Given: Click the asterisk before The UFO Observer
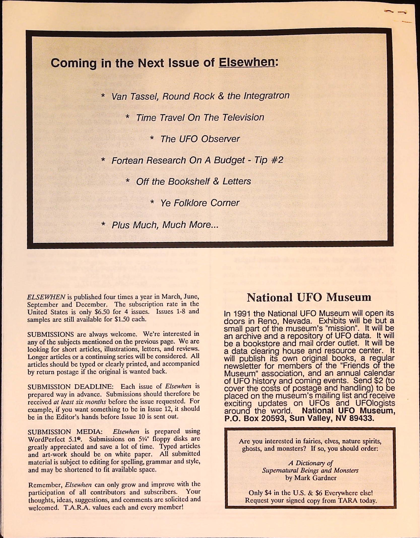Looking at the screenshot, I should tap(152, 139).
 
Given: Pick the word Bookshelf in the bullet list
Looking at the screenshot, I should tap(189, 181).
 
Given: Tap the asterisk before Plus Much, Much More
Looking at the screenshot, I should tap(103, 224).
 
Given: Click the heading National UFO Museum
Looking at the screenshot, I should tap(309, 297).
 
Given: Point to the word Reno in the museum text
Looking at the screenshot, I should tap(268, 321).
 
